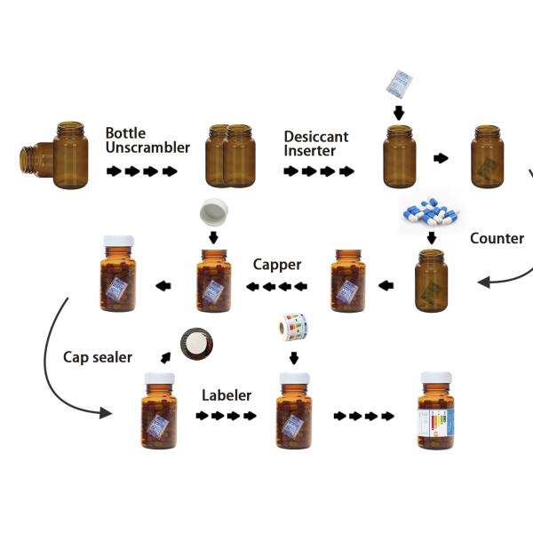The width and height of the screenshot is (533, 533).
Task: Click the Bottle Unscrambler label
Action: pyautogui.click(x=147, y=140)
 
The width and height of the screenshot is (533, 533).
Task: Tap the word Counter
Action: pyautogui.click(x=497, y=238)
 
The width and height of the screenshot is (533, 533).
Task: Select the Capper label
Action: pyautogui.click(x=277, y=265)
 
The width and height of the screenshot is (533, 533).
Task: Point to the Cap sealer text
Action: pyautogui.click(x=97, y=357)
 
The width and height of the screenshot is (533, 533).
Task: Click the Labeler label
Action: pyautogui.click(x=227, y=395)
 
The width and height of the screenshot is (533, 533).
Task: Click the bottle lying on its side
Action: pyautogui.click(x=37, y=161)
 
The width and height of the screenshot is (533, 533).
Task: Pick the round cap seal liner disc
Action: pyautogui.click(x=196, y=344)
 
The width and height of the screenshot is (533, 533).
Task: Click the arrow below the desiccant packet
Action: pyautogui.click(x=398, y=113)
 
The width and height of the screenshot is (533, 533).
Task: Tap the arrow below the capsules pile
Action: pyautogui.click(x=431, y=237)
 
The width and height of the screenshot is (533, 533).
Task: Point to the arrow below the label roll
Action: pyautogui.click(x=293, y=358)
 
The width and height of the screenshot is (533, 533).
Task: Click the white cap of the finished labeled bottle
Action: pyautogui.click(x=435, y=378)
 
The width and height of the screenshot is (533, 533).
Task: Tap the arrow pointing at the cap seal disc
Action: pyautogui.click(x=164, y=357)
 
